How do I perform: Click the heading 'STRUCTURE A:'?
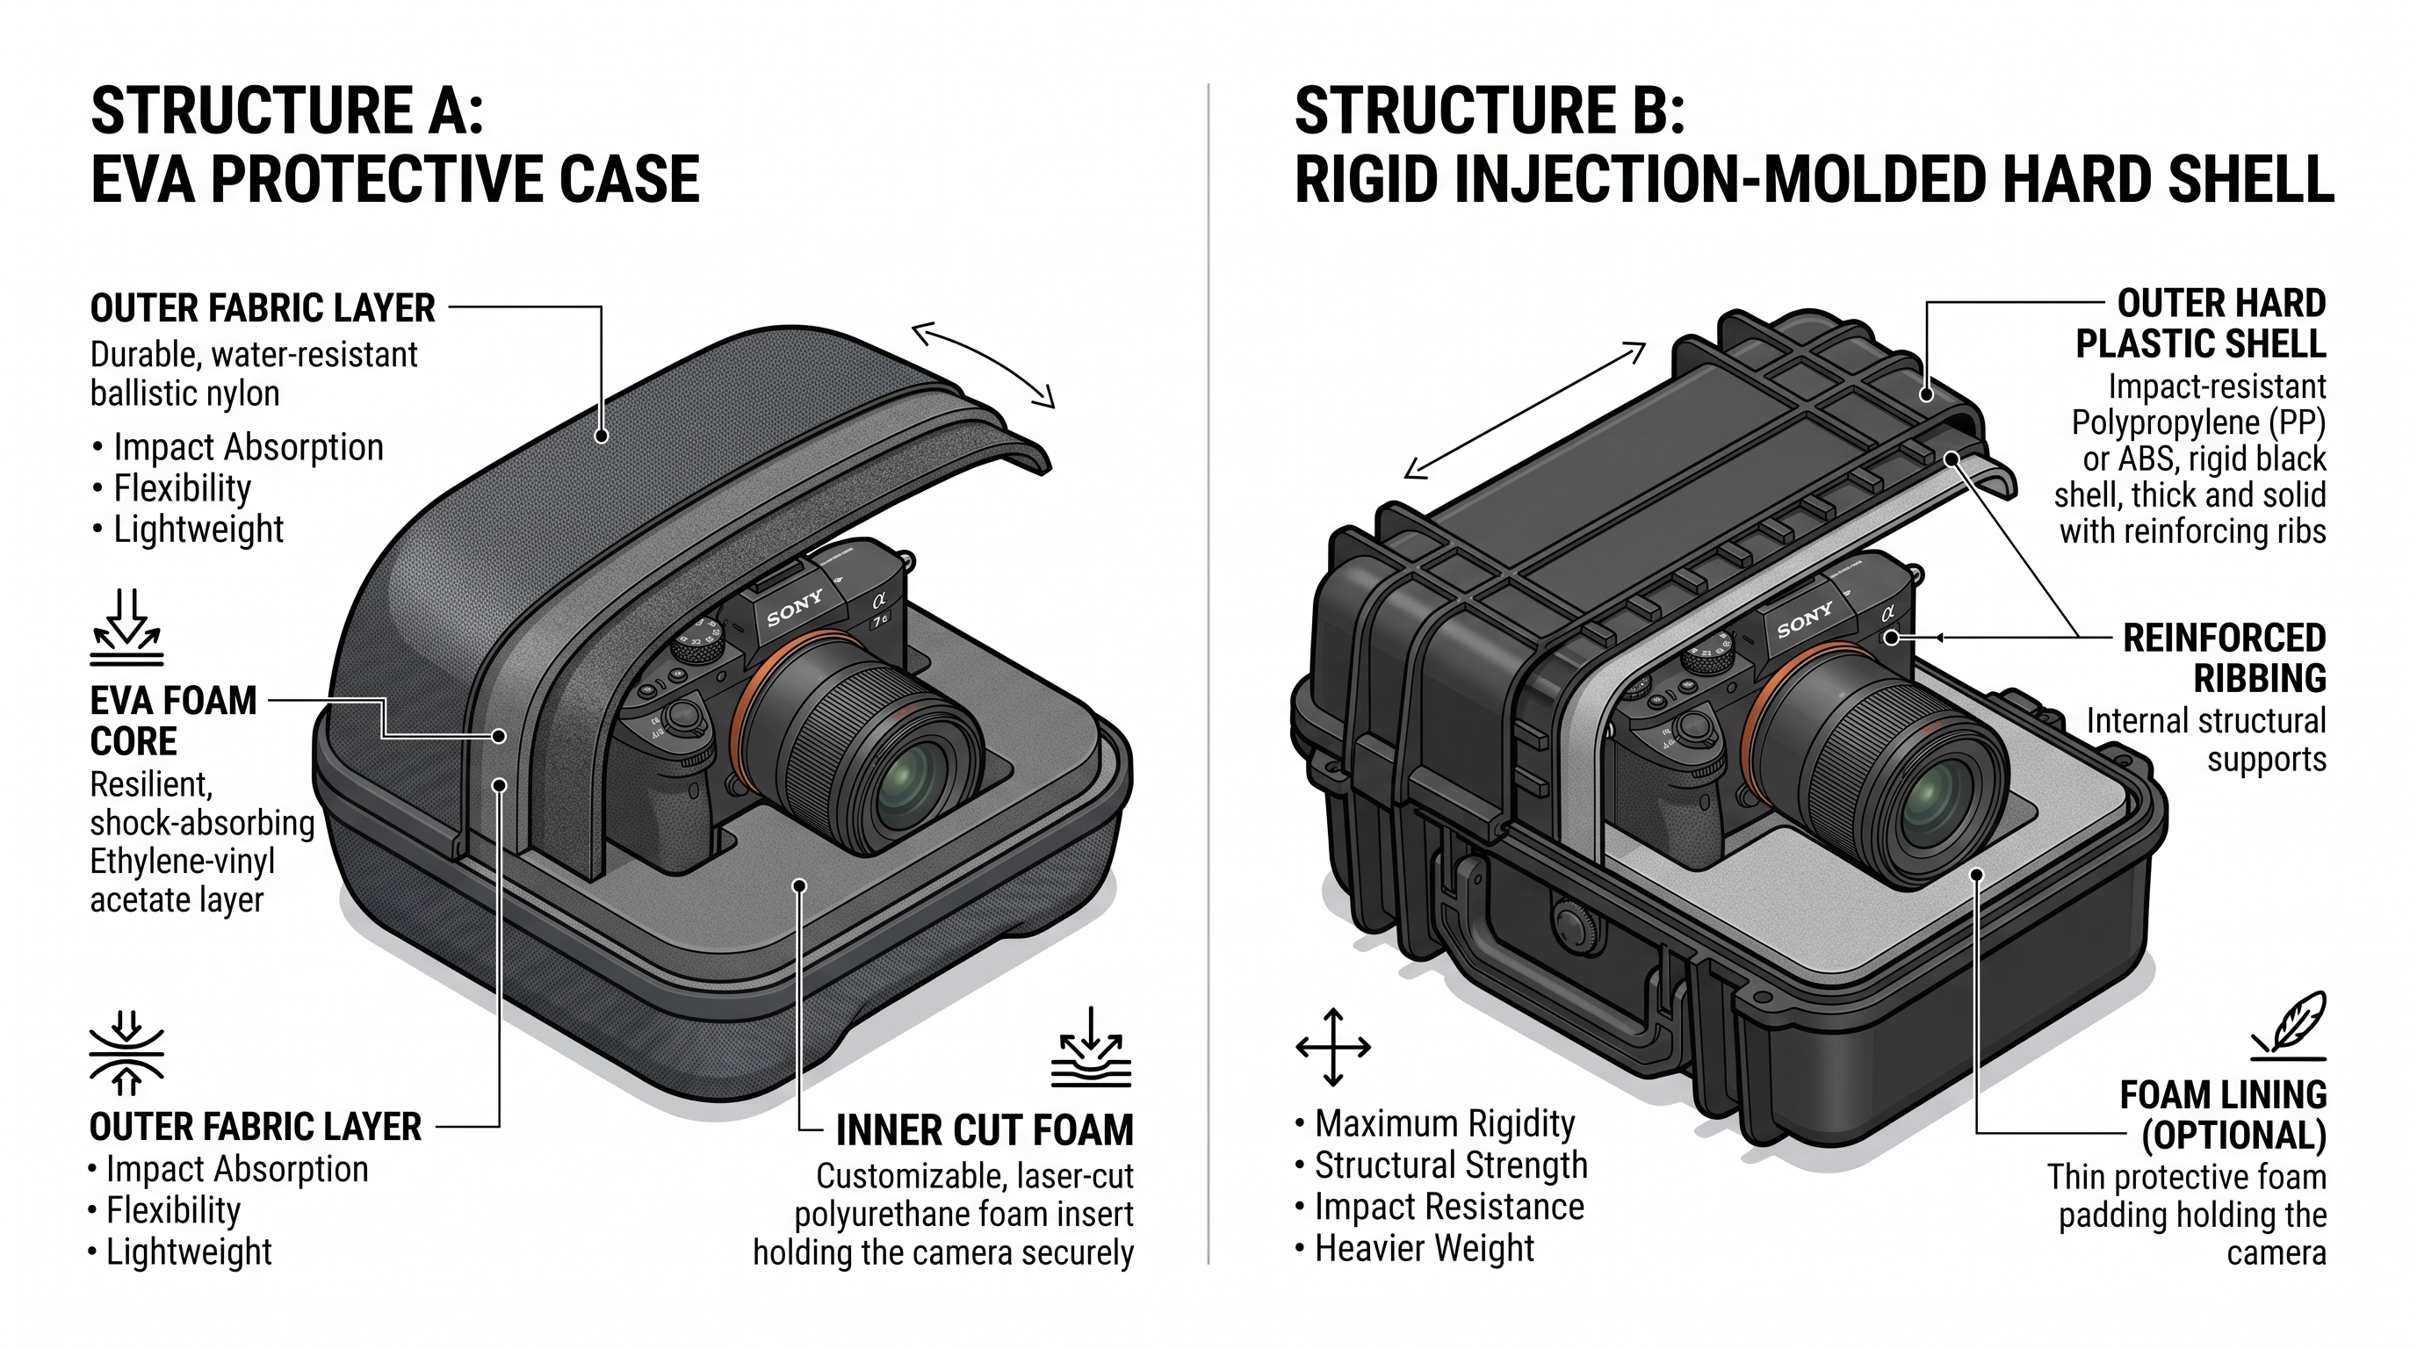[287, 111]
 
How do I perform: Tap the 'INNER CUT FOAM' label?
[985, 1130]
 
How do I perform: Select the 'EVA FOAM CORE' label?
[173, 720]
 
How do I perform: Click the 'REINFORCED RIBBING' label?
[2224, 658]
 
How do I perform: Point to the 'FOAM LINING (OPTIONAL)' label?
[2223, 1115]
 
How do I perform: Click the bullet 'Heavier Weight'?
[1424, 1249]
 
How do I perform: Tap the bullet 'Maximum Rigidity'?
[1444, 1123]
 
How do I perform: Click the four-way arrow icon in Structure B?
[1332, 1047]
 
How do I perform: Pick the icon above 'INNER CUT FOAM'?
[1091, 1048]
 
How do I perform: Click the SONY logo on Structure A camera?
[795, 607]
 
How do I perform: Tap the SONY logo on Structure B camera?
[1804, 620]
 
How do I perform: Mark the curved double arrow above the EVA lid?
[984, 361]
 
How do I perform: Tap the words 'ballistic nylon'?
[184, 393]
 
